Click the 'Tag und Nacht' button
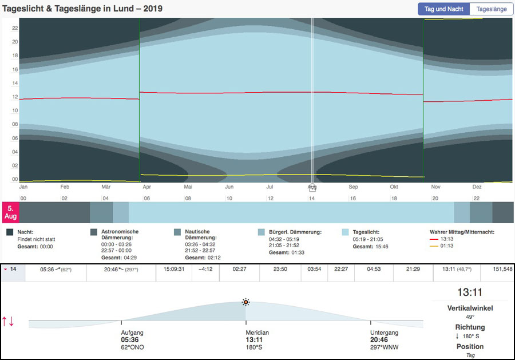pyautogui.click(x=443, y=9)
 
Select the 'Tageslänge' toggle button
pyautogui.click(x=491, y=9)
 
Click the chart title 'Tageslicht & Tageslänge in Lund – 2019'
pyautogui.click(x=82, y=9)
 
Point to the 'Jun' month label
pyautogui.click(x=229, y=187)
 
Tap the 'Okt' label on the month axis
pyautogui.click(x=394, y=187)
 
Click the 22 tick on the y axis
pyautogui.click(x=15, y=27)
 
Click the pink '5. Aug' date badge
pyautogui.click(x=10, y=212)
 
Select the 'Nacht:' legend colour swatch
pyautogui.click(x=10, y=232)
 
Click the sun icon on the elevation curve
pyautogui.click(x=245, y=302)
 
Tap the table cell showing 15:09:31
pyautogui.click(x=173, y=269)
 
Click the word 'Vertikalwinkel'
pyautogui.click(x=470, y=308)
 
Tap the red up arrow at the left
pyautogui.click(x=5, y=321)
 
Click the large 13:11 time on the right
pyautogui.click(x=470, y=292)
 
